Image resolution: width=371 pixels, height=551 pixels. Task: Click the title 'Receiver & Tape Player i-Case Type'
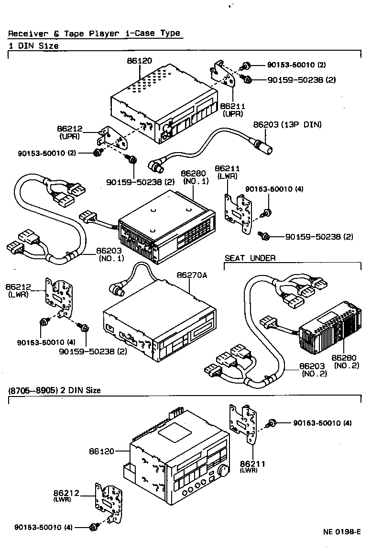tap(94, 33)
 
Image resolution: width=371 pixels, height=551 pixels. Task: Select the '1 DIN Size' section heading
tap(33, 46)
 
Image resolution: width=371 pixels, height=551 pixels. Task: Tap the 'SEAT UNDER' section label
tap(250, 258)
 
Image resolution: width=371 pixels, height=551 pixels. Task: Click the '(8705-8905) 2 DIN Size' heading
tap(55, 390)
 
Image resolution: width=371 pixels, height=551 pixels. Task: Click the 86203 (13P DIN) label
tap(287, 124)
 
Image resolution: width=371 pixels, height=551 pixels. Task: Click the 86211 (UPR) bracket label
tap(232, 110)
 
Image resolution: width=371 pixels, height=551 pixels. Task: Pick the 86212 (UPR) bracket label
tap(70, 132)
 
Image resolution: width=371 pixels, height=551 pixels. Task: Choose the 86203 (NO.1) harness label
tap(110, 254)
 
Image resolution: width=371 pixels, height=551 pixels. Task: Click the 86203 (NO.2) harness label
tap(313, 370)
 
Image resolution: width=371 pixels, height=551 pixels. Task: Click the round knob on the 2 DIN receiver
tap(222, 472)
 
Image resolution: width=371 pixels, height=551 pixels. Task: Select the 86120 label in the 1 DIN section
tap(139, 61)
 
